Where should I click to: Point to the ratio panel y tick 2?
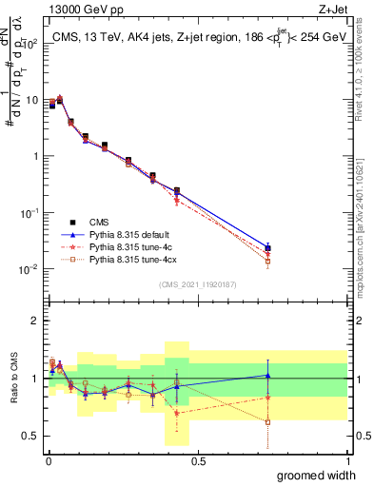34,321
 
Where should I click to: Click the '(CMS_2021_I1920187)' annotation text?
197,283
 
